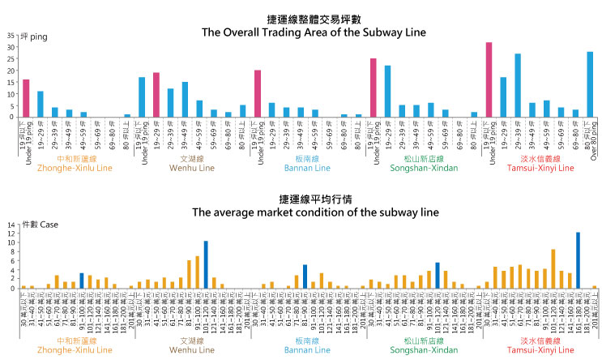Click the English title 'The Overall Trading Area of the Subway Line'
301,32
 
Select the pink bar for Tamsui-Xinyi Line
489,79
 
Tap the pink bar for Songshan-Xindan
374,88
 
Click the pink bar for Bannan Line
258,93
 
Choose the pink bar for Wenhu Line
156,95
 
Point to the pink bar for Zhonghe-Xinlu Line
26,98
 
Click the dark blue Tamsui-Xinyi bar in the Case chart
578,260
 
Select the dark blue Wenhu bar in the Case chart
206,264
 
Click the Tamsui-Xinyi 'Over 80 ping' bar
590,84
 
